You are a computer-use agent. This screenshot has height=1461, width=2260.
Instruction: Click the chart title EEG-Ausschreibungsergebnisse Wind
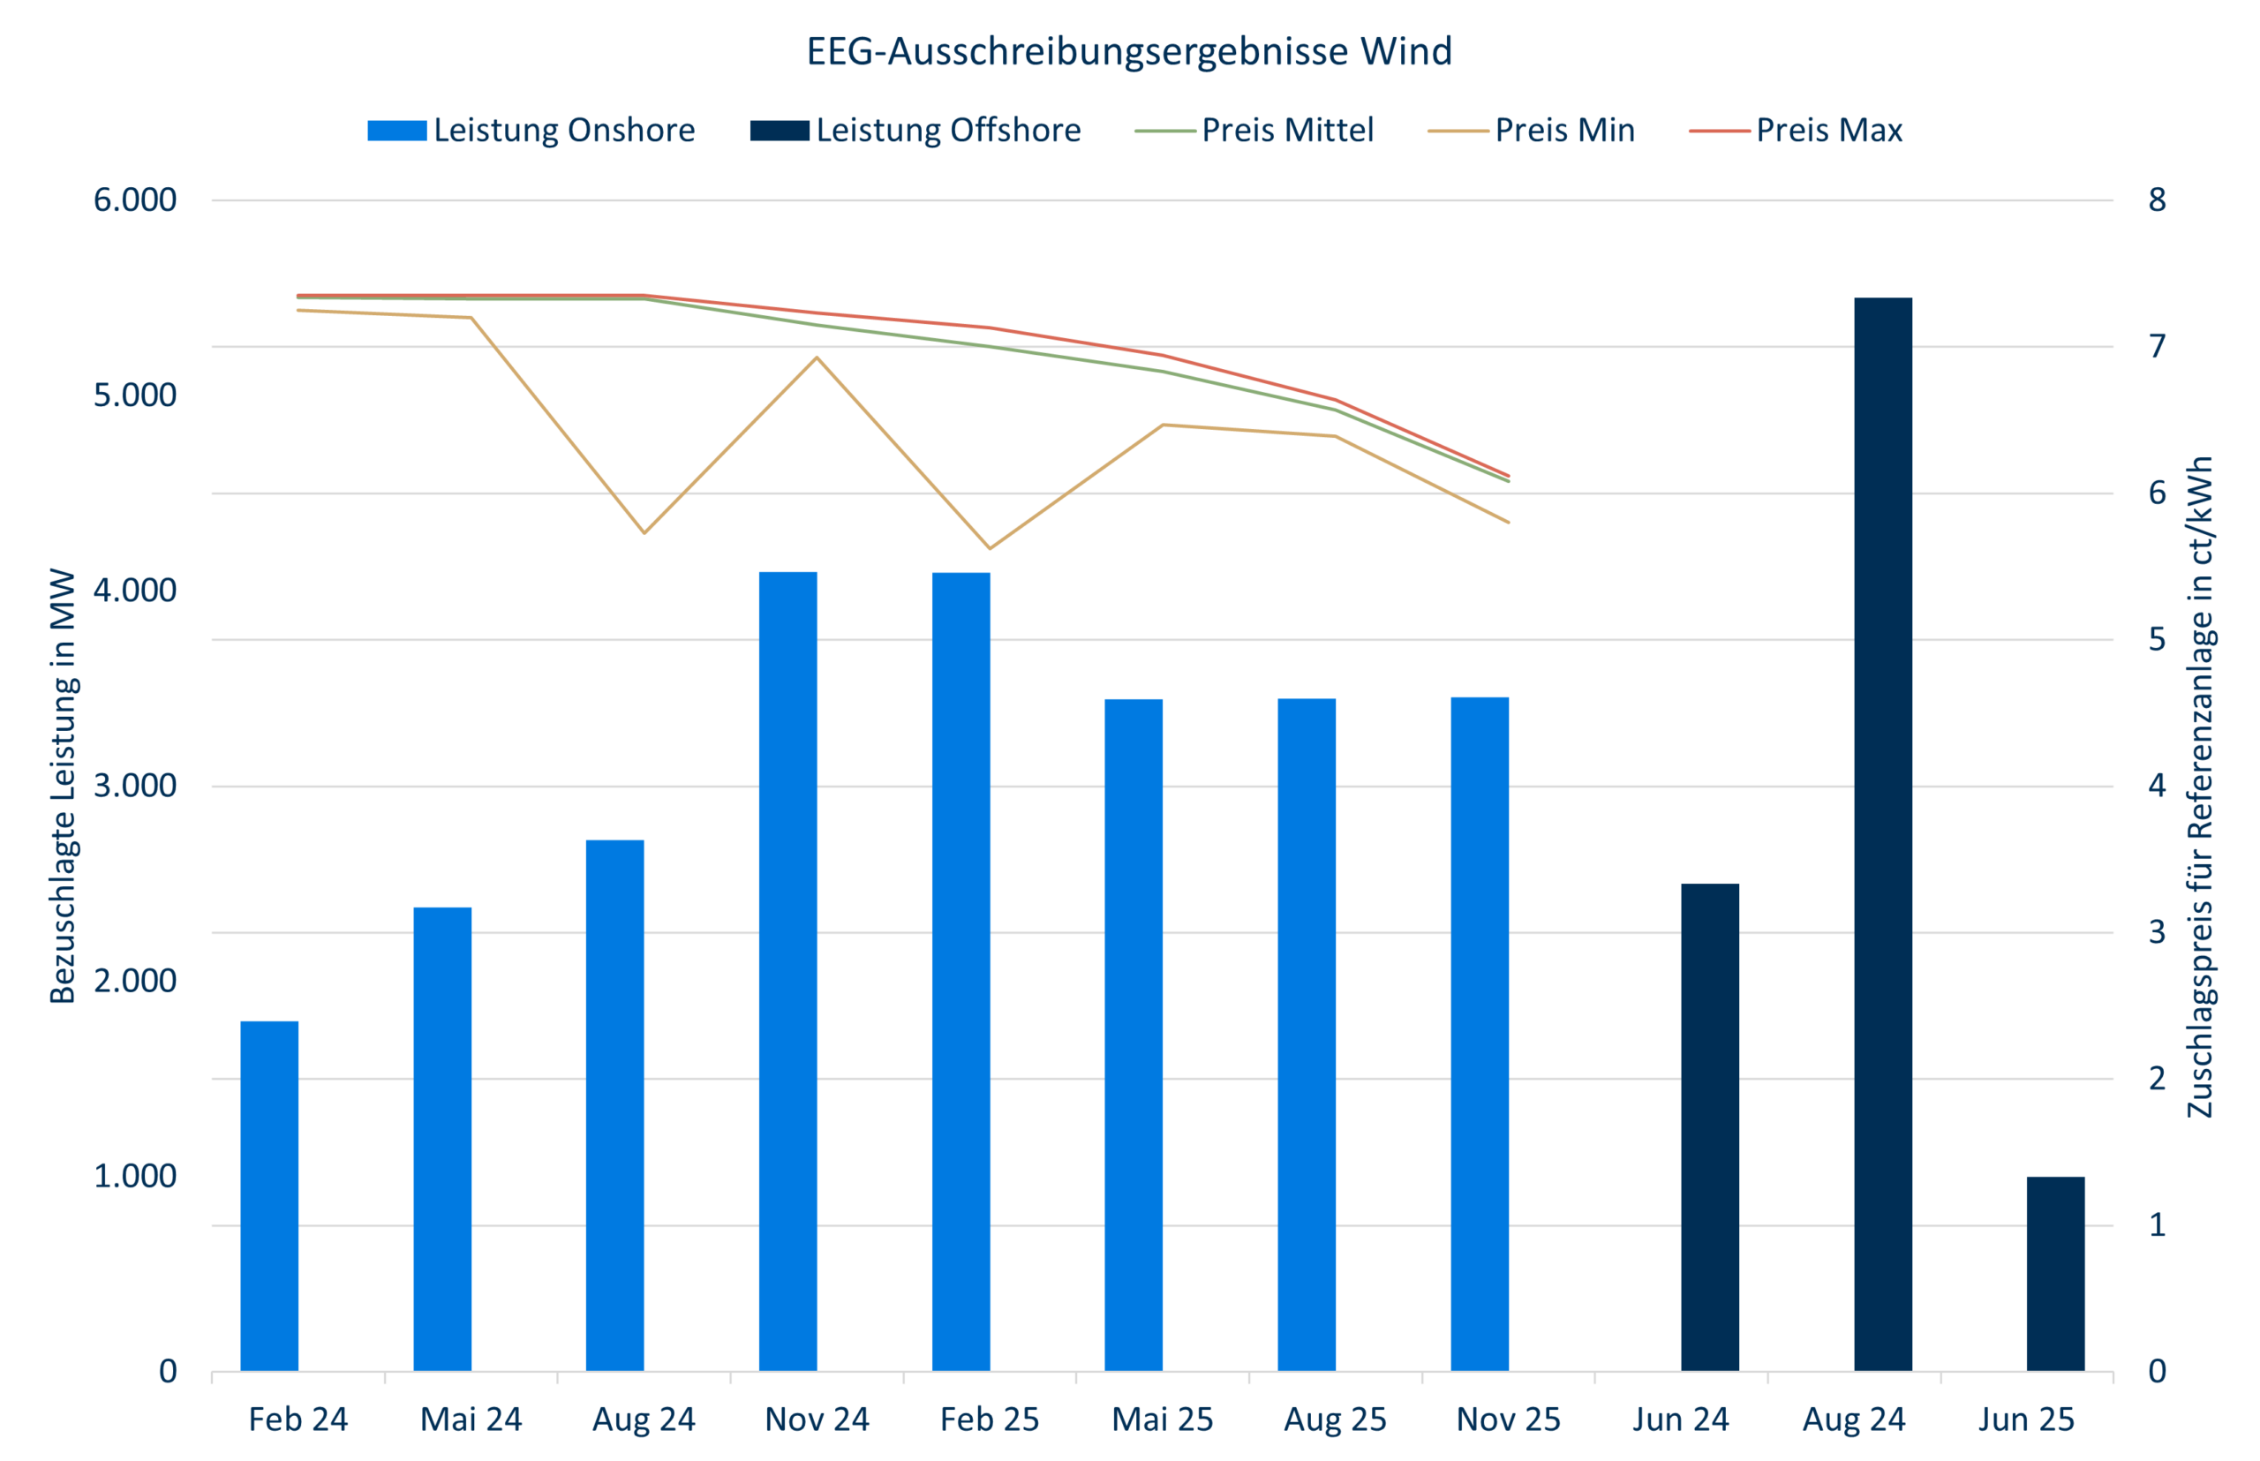coord(1128,51)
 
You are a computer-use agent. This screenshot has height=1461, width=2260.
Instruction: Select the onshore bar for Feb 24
coord(269,1195)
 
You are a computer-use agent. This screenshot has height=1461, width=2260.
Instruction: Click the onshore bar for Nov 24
coord(787,968)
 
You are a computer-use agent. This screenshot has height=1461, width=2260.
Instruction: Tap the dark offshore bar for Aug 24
coord(1882,835)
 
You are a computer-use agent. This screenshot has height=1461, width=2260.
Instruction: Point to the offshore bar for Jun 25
coord(2055,1273)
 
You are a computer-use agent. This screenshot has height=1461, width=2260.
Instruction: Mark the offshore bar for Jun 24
coord(1710,1127)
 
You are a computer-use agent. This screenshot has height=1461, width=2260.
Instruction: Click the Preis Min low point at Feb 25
coord(990,548)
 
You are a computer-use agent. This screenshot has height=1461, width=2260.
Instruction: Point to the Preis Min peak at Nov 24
coord(817,358)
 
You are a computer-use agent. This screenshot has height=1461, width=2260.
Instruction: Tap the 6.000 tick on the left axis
coord(135,200)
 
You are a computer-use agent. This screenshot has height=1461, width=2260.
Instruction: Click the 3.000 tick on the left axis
coord(135,786)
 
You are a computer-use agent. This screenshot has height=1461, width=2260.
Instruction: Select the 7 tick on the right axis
coord(2158,346)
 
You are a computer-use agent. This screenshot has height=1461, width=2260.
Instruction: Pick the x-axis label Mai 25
coord(1163,1420)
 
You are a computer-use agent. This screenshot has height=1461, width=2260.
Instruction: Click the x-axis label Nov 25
coord(1508,1420)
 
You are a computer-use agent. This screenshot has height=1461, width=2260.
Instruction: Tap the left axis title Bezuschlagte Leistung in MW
coord(63,786)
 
